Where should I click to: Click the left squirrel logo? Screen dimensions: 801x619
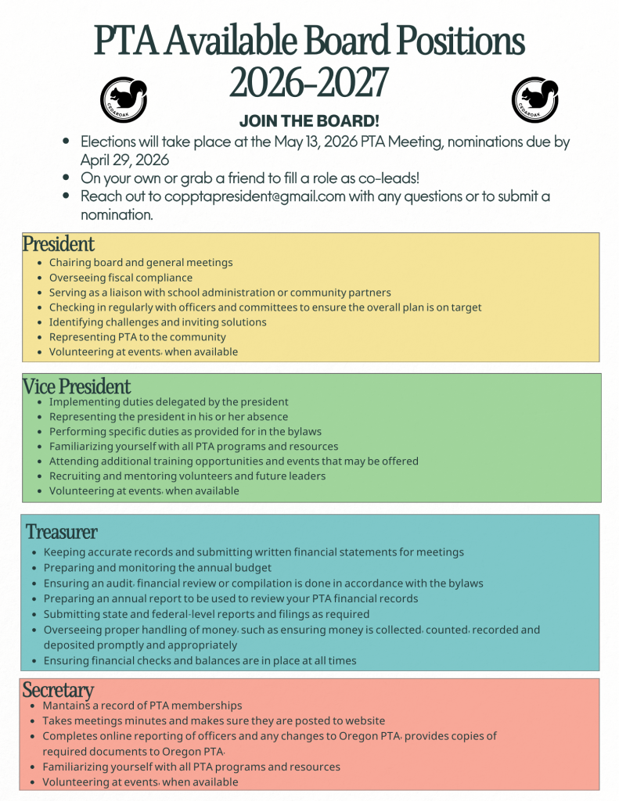(x=124, y=99)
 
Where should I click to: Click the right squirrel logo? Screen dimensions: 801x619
(x=535, y=99)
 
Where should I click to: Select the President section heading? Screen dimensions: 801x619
(x=59, y=243)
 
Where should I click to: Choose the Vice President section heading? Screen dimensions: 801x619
(x=77, y=386)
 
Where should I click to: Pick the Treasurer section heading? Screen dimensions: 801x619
(x=62, y=532)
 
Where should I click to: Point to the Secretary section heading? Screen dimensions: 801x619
(x=58, y=690)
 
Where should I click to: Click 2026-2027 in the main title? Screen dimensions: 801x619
(x=309, y=82)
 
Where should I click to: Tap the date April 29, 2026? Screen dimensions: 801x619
(x=125, y=160)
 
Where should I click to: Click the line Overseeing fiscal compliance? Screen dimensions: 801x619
(x=121, y=278)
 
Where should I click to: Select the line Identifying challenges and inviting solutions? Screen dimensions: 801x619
(x=157, y=322)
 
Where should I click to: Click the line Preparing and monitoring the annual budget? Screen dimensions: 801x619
(x=157, y=568)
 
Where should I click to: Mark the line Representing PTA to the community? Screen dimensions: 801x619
(x=137, y=337)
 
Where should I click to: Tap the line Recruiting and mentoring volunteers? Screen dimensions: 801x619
(x=187, y=476)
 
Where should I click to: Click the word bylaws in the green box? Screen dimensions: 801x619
(x=304, y=431)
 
